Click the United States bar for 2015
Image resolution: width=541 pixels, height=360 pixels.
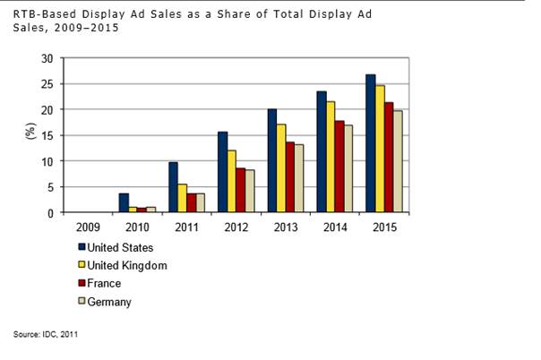click(370, 143)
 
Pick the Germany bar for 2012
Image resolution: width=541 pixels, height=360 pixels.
click(250, 191)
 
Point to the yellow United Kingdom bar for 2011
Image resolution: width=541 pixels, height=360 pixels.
click(183, 198)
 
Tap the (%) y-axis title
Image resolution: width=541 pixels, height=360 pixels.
click(30, 135)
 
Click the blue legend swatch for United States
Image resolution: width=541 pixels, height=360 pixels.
click(82, 247)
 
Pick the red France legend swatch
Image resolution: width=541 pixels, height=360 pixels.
click(82, 283)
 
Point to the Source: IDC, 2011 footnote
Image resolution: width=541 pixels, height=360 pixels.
click(46, 334)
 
